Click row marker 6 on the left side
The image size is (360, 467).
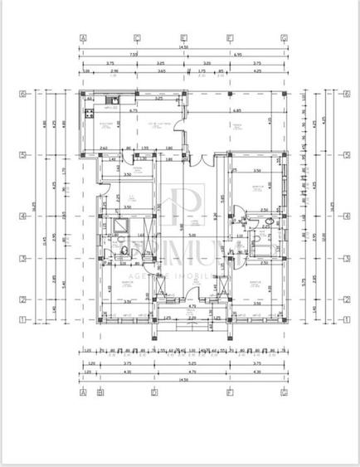23,94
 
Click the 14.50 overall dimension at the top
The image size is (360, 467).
182,48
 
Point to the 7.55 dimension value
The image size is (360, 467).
133,55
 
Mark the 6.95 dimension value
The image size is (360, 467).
237,55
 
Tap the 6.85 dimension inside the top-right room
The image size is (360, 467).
237,110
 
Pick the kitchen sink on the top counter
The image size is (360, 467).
109,101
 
